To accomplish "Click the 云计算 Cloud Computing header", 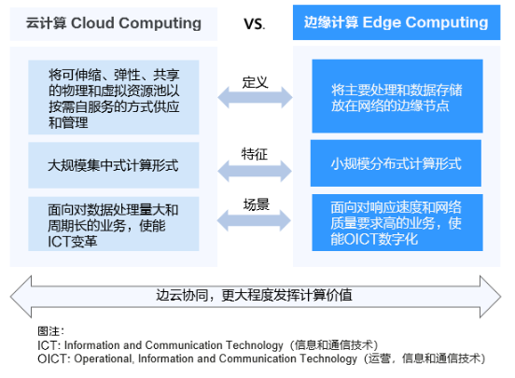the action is pos(113,24).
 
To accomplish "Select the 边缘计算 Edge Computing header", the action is pos(397,22).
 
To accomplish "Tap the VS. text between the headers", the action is pos(254,24).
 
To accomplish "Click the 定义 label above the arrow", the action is pos(256,82).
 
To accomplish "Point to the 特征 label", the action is pos(255,154).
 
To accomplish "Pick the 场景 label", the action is pos(257,204).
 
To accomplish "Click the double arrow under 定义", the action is pos(255,98).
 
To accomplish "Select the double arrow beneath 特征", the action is pos(255,171).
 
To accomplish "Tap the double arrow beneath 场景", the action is pos(254,220).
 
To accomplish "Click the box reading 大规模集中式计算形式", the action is pos(114,165).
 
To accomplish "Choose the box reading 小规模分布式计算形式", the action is pos(397,163).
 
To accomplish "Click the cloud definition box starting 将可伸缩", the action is pos(114,97).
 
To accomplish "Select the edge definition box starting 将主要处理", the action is pos(397,96).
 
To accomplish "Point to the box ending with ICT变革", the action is pos(114,224).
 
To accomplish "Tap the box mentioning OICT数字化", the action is pos(397,222).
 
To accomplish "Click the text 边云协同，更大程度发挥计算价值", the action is pos(254,295).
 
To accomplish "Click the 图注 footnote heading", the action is pos(51,331).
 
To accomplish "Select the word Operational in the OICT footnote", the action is pos(104,358).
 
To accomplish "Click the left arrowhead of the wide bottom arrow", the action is pos(21,297).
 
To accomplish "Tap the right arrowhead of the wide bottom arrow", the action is pos(491,297).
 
